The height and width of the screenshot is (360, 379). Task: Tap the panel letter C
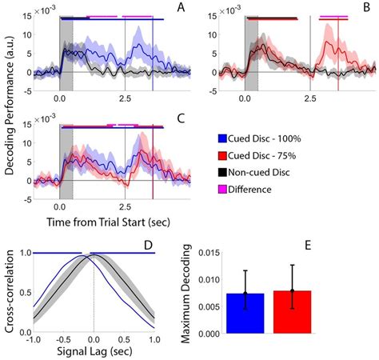pos(181,118)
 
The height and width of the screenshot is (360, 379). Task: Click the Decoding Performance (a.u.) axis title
pos(8,104)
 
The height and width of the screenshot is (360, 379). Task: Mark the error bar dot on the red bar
pos(293,290)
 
